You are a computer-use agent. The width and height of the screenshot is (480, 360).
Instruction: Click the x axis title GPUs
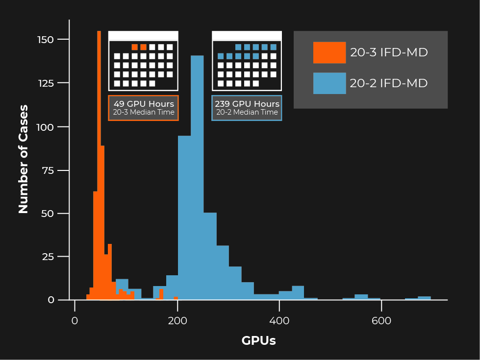tap(258, 341)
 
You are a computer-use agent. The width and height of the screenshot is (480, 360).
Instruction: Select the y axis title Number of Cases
tap(23, 159)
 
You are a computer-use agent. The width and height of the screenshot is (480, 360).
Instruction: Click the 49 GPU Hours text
tap(144, 104)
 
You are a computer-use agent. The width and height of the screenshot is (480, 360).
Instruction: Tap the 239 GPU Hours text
tap(247, 104)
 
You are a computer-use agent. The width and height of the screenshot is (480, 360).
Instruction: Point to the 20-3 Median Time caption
tap(144, 113)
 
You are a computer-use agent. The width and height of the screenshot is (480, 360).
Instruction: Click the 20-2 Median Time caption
tap(247, 113)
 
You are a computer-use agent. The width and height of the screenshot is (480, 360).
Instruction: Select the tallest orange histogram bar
tap(99, 167)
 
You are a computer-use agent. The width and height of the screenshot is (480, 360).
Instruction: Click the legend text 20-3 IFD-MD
tap(389, 52)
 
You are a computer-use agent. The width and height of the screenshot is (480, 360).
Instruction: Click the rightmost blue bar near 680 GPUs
tap(424, 298)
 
